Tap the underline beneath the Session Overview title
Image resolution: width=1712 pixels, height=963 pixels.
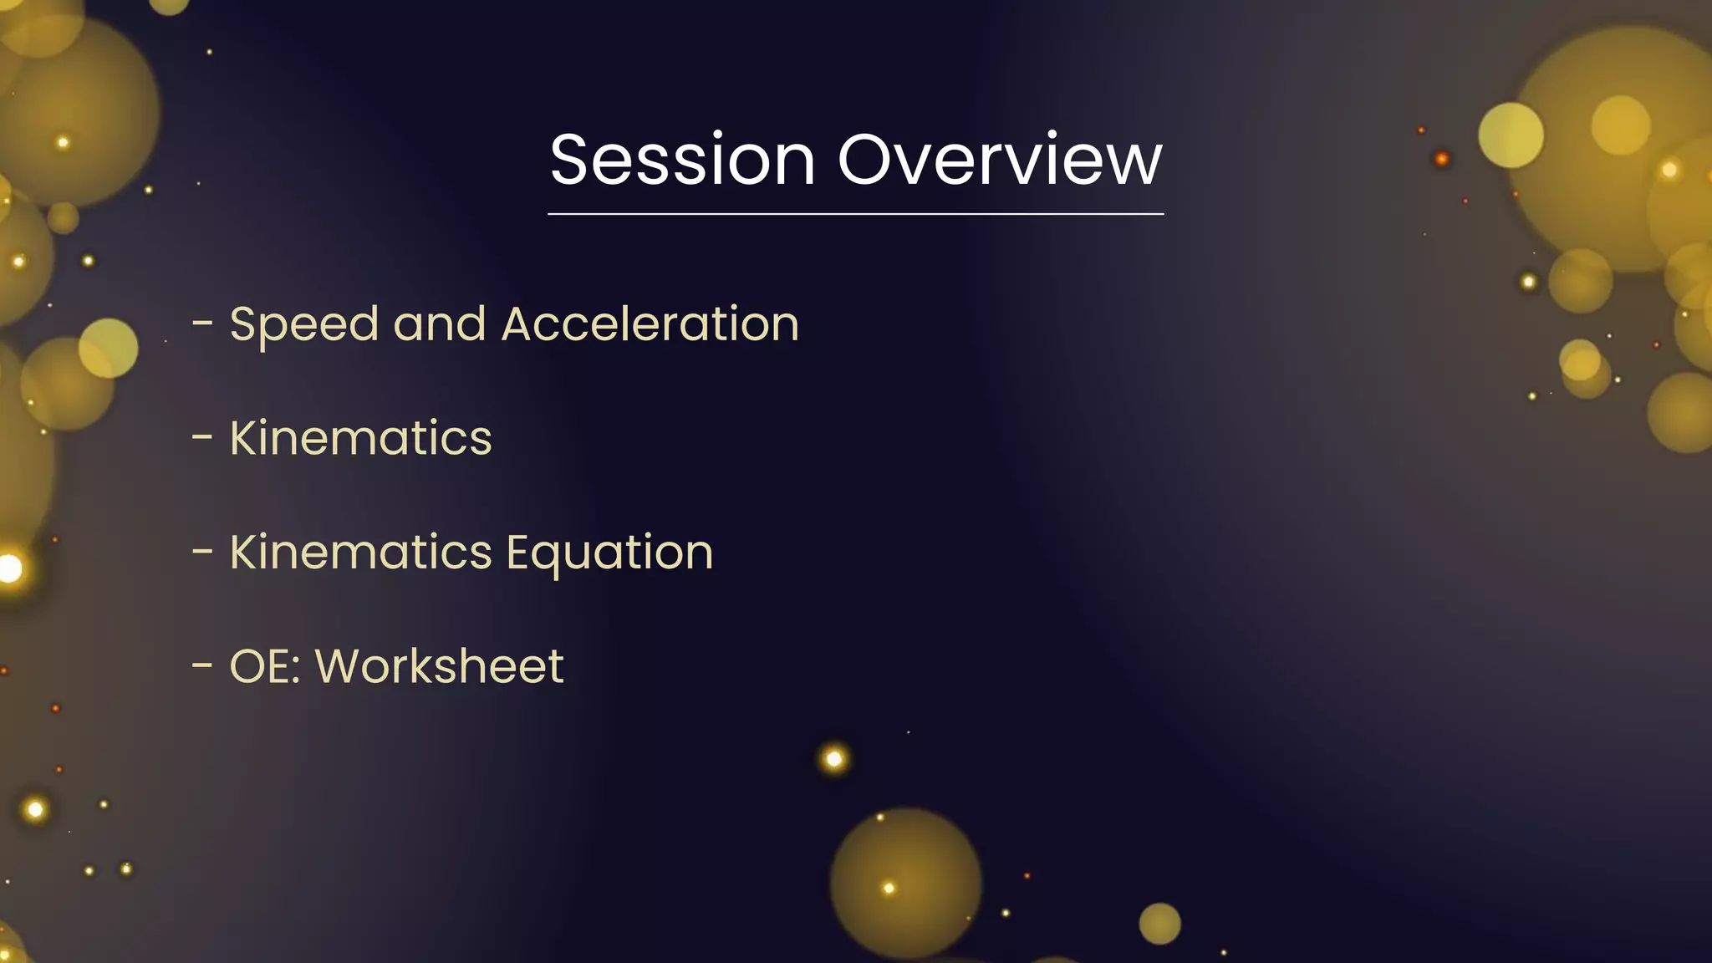[x=855, y=214]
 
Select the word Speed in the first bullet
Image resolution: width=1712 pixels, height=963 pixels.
[x=303, y=324]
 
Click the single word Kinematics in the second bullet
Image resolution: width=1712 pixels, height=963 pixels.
[x=360, y=438]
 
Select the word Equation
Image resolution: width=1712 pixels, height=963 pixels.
[x=609, y=553]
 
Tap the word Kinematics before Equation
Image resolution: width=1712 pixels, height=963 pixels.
[x=360, y=553]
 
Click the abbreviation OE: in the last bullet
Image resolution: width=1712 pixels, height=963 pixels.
[x=265, y=666]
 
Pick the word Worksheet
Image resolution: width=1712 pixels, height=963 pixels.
[x=439, y=666]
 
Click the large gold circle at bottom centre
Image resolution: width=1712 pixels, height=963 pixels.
[x=905, y=883]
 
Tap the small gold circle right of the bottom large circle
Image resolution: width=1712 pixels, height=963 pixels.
[x=1159, y=924]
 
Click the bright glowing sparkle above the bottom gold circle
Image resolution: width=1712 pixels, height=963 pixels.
[x=833, y=759]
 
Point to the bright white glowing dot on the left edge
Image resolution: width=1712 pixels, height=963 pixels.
[x=10, y=568]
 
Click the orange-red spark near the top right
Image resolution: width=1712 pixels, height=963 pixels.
[x=1442, y=159]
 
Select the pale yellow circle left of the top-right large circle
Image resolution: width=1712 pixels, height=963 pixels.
[x=1511, y=135]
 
